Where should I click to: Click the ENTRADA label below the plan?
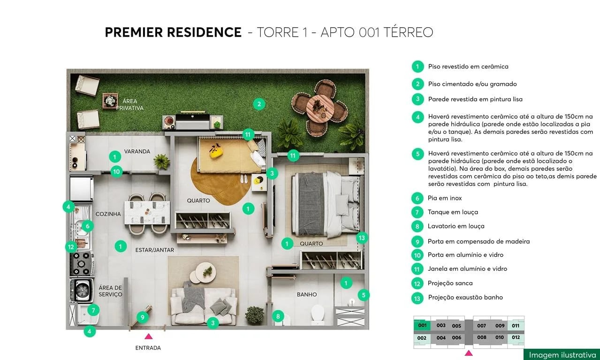148,348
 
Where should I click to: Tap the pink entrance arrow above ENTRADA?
148,336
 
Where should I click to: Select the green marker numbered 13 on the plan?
361,238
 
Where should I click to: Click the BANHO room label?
307,295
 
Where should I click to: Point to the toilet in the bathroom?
318,314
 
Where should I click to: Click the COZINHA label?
108,214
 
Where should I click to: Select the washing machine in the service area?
83,290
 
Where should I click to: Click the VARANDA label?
137,152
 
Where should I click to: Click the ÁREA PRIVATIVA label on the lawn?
130,105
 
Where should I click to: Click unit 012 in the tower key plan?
516,337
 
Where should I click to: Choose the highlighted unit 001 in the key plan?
422,325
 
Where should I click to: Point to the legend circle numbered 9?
417,241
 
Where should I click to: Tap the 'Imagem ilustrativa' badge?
562,355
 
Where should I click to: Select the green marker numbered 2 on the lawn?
259,104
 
